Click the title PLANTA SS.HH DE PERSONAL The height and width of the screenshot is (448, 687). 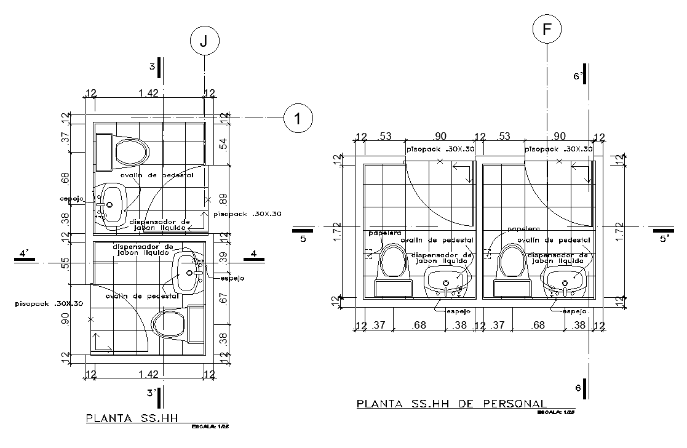pyautogui.click(x=450, y=404)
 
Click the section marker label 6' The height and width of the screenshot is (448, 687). pyautogui.click(x=577, y=76)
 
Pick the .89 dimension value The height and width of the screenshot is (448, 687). pyautogui.click(x=223, y=199)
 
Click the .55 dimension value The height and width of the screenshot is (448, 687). pyautogui.click(x=66, y=264)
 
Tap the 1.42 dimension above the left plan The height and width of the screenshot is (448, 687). pyautogui.click(x=149, y=94)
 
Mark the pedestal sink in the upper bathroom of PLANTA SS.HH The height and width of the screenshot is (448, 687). pyautogui.click(x=113, y=203)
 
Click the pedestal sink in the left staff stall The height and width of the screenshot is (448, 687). pyautogui.click(x=447, y=281)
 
